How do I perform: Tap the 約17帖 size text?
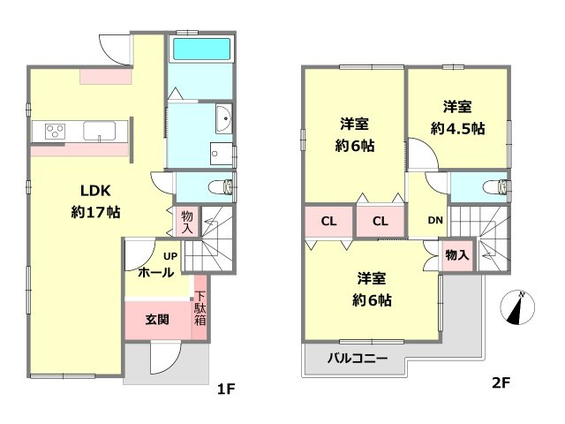[x=94, y=212]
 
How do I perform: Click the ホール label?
[x=155, y=272]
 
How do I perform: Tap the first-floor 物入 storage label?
[x=187, y=222]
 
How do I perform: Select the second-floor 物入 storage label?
[x=457, y=255]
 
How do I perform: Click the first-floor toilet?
[x=225, y=186]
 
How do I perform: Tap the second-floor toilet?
[x=500, y=187]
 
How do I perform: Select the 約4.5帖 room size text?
[x=457, y=127]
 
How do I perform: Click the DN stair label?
[x=435, y=221]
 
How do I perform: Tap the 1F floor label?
[x=227, y=385]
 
